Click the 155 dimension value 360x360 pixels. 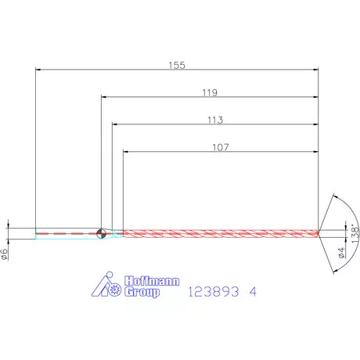click(178, 65)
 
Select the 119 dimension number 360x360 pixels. click(209, 92)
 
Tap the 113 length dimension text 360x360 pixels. click(216, 120)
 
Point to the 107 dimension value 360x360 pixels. click(221, 146)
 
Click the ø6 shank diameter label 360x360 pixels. click(5, 253)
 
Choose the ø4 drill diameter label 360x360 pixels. click(340, 251)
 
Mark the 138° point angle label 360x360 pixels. click(354, 232)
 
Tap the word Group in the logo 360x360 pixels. click(141, 293)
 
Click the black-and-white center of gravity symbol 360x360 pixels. click(101, 232)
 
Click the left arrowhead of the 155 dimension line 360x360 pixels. click(39, 70)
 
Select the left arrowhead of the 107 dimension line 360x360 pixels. click(126, 152)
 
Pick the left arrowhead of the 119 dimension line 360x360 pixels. click(104, 98)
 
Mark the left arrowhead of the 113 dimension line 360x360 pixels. click(115, 125)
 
